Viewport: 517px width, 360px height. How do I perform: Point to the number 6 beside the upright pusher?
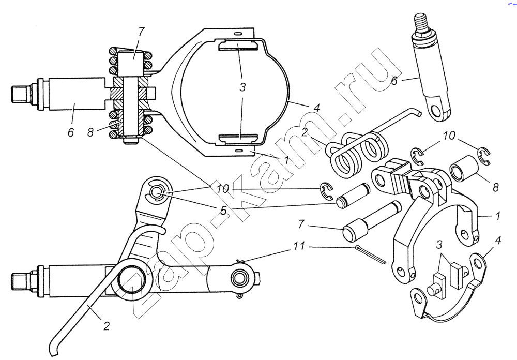pyautogui.click(x=394, y=81)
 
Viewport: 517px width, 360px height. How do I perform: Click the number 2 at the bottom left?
pyautogui.click(x=106, y=326)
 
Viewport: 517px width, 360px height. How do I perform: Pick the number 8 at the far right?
pyautogui.click(x=496, y=187)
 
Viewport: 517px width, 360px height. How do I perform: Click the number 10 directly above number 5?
pyautogui.click(x=223, y=189)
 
